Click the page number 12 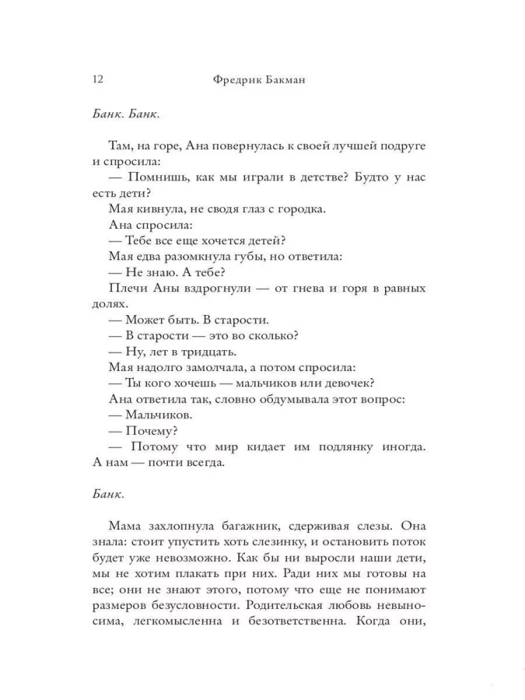(97, 80)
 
